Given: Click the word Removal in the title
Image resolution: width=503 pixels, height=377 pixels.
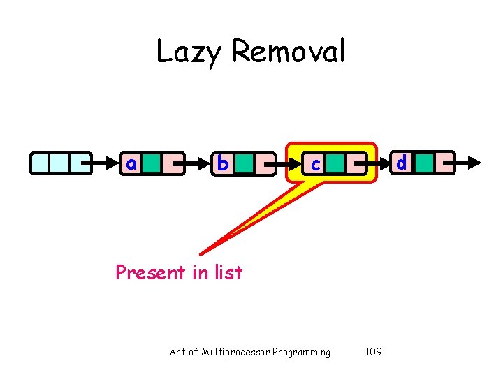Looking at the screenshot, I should pos(287,52).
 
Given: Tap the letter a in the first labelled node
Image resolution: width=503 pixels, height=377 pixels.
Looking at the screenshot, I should pos(130,163).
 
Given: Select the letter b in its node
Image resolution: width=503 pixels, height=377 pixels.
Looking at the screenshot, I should pos(222,163).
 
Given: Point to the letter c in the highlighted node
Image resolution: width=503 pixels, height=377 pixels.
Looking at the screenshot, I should pos(316,165).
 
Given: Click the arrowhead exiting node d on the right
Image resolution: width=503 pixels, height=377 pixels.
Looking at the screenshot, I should pos(475,163).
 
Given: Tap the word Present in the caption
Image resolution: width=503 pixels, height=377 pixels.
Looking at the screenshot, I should pos(150,272).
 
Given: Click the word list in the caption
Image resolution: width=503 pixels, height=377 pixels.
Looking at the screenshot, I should pos(226,272).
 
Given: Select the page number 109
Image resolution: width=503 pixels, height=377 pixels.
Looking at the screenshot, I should pos(374,352).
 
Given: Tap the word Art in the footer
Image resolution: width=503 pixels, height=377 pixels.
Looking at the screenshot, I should pos(177,352).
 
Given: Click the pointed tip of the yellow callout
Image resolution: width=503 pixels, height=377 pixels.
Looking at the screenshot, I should pos(201,253).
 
